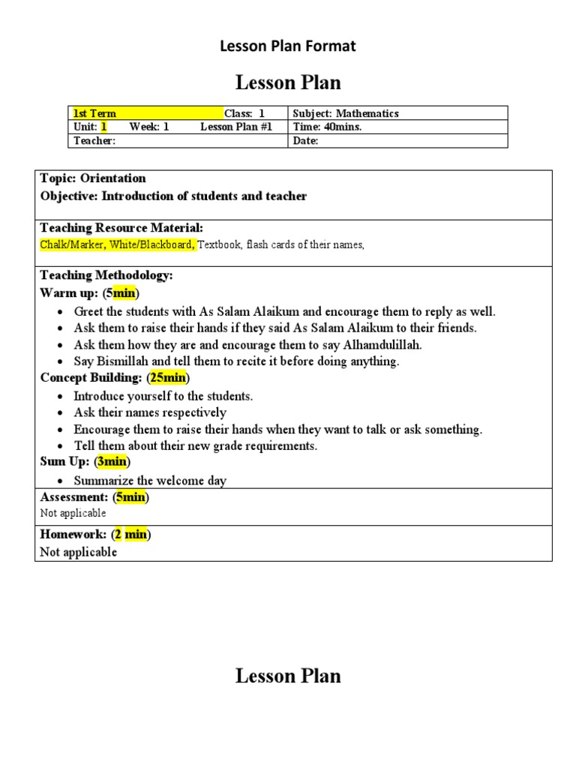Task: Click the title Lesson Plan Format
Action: click(x=287, y=46)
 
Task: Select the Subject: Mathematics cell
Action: click(x=346, y=113)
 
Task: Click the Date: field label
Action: click(x=305, y=141)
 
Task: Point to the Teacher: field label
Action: click(x=94, y=141)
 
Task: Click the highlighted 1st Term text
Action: click(x=94, y=113)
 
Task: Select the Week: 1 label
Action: click(x=148, y=127)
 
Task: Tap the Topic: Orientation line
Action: click(x=93, y=178)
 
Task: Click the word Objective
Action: click(x=68, y=196)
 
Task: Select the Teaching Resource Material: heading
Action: click(x=121, y=228)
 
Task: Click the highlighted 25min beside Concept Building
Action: click(x=168, y=377)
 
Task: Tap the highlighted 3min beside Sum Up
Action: click(x=112, y=461)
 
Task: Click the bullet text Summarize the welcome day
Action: click(x=150, y=481)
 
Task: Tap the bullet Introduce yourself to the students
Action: click(x=163, y=396)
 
